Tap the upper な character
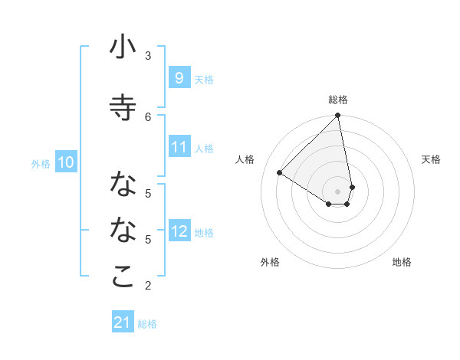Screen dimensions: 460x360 pyautogui.click(x=123, y=184)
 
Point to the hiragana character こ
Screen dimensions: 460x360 pyautogui.click(x=123, y=277)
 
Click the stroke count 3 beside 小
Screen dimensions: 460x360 pyautogui.click(x=148, y=55)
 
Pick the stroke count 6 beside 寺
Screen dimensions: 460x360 pyautogui.click(x=148, y=116)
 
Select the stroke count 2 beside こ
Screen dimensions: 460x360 pyautogui.click(x=148, y=286)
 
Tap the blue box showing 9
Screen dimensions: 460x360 pyautogui.click(x=179, y=78)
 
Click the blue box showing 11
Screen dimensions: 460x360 pyautogui.click(x=179, y=147)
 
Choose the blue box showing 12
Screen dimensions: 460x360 pyautogui.click(x=179, y=231)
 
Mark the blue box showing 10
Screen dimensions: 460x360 pyautogui.click(x=65, y=162)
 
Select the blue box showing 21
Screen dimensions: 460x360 pyautogui.click(x=123, y=323)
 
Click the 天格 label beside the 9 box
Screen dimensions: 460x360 pyautogui.click(x=203, y=79)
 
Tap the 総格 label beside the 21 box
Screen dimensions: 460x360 pyautogui.click(x=147, y=324)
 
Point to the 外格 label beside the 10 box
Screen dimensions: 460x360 pyautogui.click(x=41, y=163)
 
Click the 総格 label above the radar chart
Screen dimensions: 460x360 pyautogui.click(x=338, y=100)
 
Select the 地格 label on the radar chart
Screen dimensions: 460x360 pyautogui.click(x=402, y=262)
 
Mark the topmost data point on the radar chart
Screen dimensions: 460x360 pyautogui.click(x=338, y=116)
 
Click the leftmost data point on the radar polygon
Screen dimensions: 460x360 pyautogui.click(x=280, y=173)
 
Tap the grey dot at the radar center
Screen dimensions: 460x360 pyautogui.click(x=338, y=191)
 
